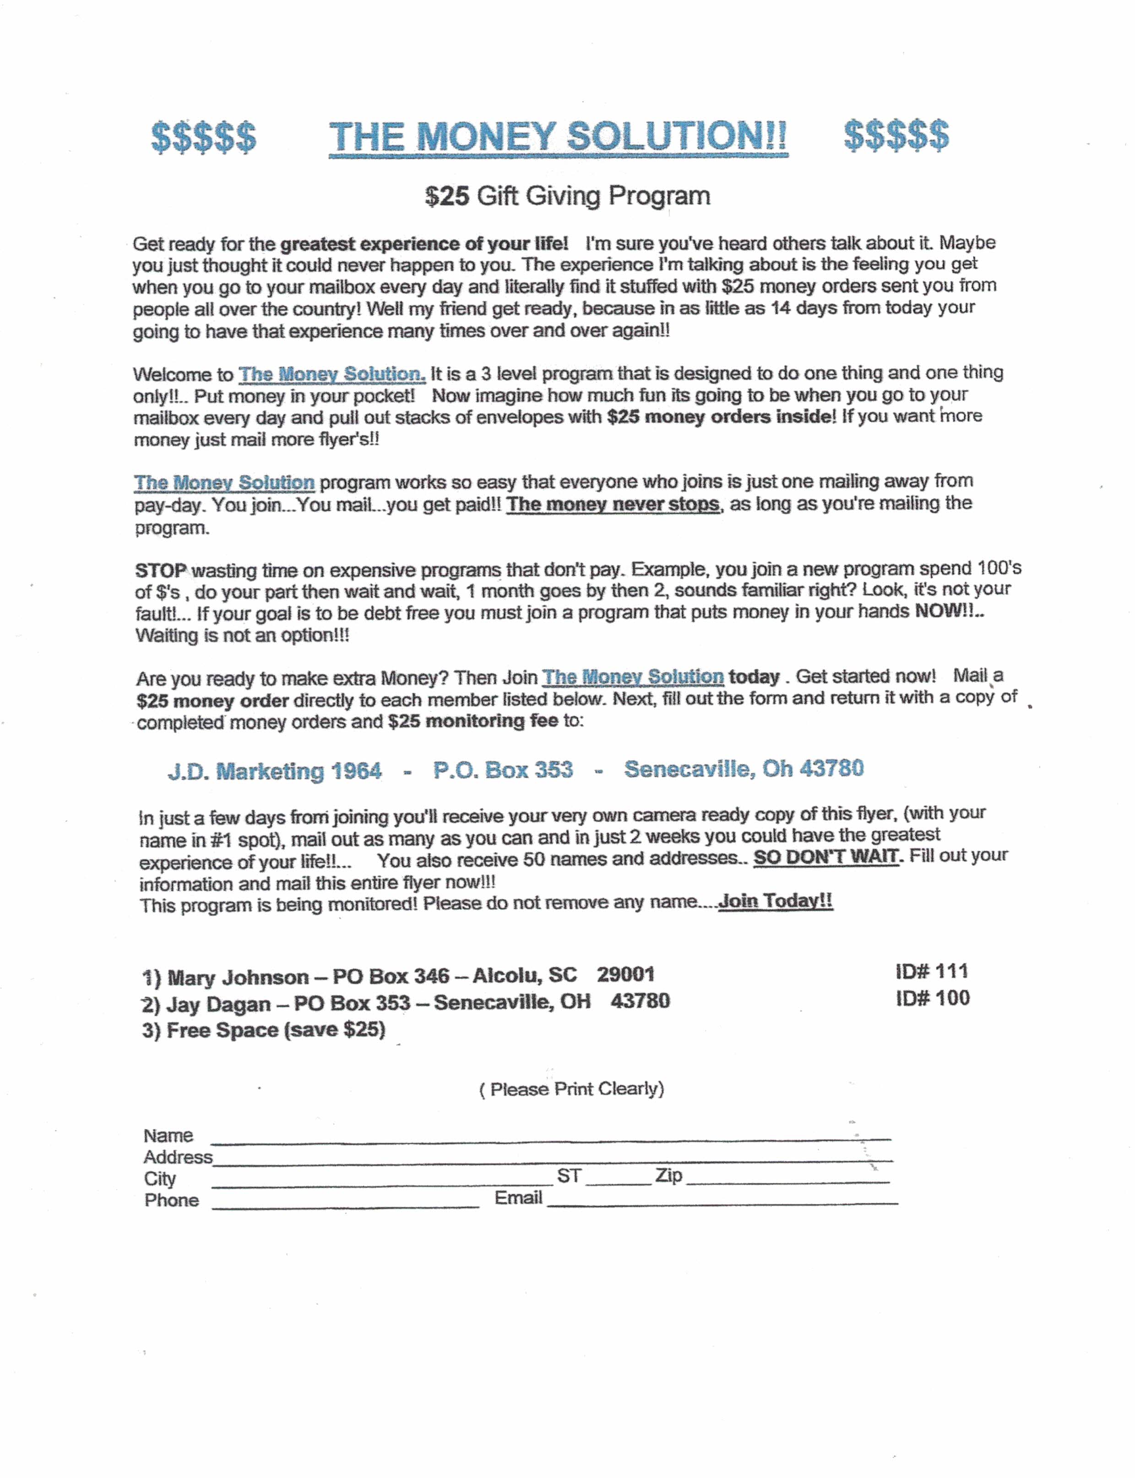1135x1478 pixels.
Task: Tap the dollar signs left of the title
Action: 203,137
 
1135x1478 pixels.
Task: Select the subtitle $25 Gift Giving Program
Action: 568,196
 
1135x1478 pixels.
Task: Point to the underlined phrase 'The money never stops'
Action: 613,504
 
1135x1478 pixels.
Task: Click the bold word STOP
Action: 160,571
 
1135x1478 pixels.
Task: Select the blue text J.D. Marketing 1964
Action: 274,771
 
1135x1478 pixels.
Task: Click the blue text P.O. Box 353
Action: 503,769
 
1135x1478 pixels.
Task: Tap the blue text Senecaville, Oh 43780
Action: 744,769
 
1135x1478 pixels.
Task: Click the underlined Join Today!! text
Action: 776,901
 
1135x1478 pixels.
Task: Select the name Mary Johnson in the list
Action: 238,977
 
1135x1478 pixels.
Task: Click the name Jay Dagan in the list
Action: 218,1004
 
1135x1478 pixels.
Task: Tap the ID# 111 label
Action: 932,971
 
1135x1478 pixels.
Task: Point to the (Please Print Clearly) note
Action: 571,1089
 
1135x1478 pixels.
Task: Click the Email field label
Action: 518,1198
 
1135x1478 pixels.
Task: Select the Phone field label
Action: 172,1200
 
